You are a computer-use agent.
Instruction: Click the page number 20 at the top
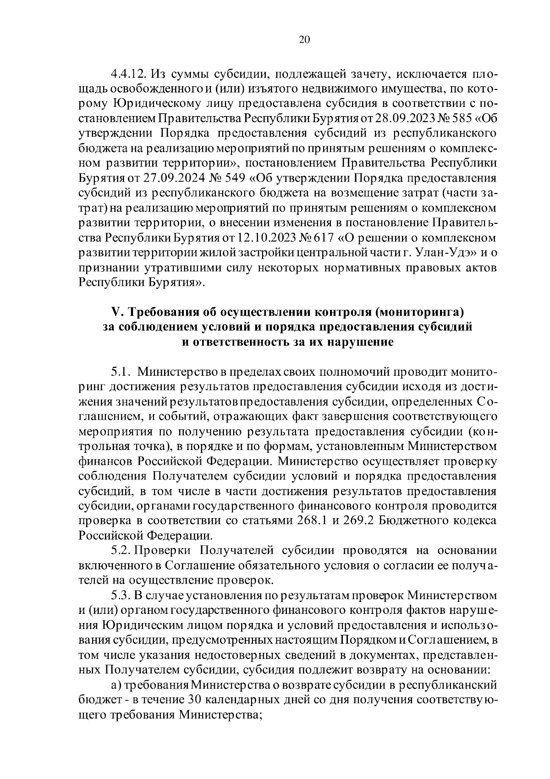pyautogui.click(x=304, y=40)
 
